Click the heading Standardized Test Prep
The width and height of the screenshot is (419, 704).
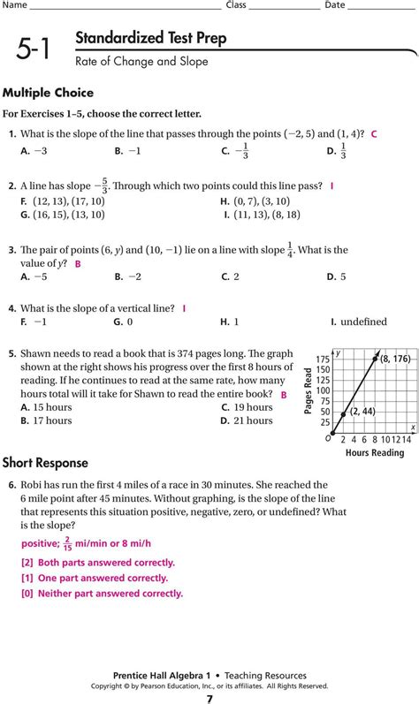click(150, 39)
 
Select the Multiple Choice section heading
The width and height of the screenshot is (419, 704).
click(48, 93)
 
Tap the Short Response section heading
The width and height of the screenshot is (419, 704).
click(45, 462)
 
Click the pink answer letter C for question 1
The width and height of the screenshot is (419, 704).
click(375, 133)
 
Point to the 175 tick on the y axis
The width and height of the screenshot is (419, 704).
click(323, 360)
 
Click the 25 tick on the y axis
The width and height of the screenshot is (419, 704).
click(325, 422)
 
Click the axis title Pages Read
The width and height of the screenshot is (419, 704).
click(309, 391)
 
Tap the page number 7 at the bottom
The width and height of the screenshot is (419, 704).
click(209, 698)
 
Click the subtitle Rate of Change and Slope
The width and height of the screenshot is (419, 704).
click(141, 61)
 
